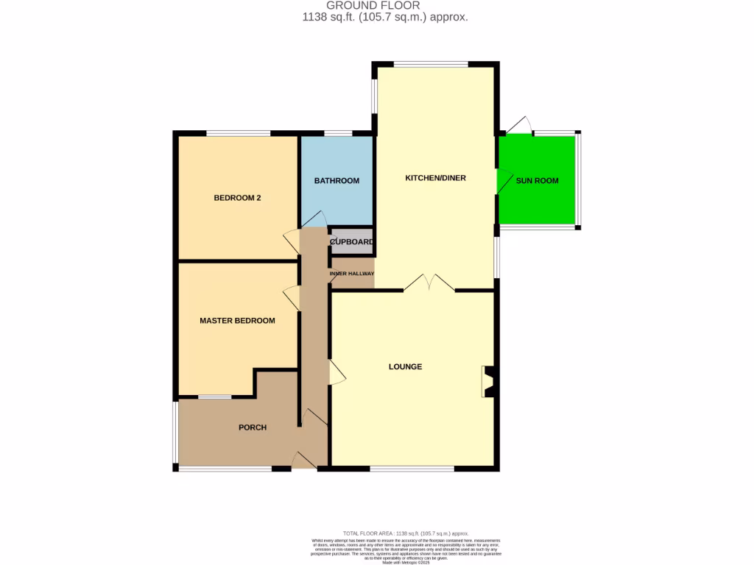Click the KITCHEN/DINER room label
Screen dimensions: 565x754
click(x=435, y=178)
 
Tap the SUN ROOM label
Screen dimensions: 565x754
click(x=537, y=180)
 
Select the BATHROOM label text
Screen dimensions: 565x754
click(x=337, y=181)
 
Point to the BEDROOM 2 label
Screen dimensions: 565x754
click(x=237, y=198)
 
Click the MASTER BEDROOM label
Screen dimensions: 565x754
click(x=237, y=321)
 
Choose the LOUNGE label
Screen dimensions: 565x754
click(x=406, y=366)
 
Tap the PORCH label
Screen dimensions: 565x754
click(x=252, y=427)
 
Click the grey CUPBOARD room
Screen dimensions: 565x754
click(x=351, y=242)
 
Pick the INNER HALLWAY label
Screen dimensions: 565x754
click(x=352, y=274)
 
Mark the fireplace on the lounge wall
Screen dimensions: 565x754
click(x=488, y=382)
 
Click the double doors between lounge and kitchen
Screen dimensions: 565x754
click(x=429, y=283)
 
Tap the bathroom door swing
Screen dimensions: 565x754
click(x=316, y=219)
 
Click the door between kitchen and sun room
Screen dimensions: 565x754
click(x=504, y=180)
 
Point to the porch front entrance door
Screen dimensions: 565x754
click(x=303, y=461)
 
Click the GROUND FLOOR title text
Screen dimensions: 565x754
click(x=373, y=6)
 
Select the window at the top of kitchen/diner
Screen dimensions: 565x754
click(x=431, y=64)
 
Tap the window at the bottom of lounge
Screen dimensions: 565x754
click(x=412, y=469)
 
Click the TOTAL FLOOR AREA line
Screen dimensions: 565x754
click(x=406, y=533)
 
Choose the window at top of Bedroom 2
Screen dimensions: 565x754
click(x=238, y=133)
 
